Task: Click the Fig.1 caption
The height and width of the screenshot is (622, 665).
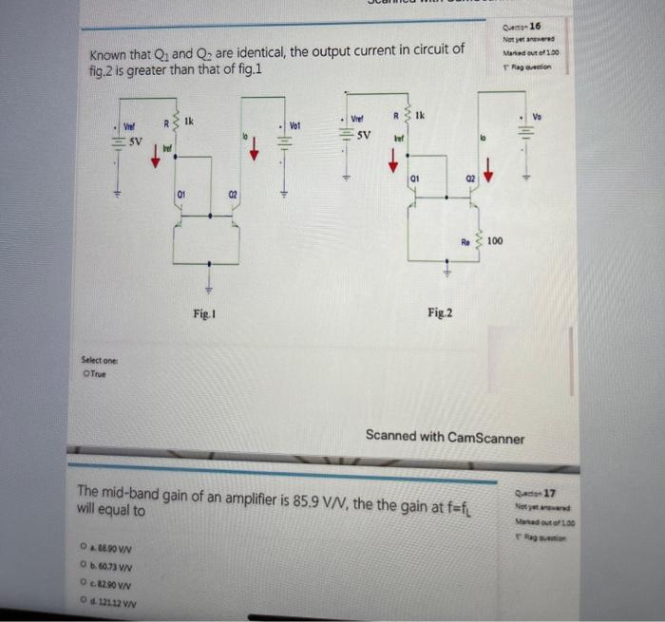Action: point(201,312)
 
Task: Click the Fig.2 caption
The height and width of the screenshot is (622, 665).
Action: point(440,311)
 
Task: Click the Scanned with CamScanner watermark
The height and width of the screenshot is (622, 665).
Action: point(445,436)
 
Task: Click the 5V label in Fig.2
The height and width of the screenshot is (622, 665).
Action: point(365,136)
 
